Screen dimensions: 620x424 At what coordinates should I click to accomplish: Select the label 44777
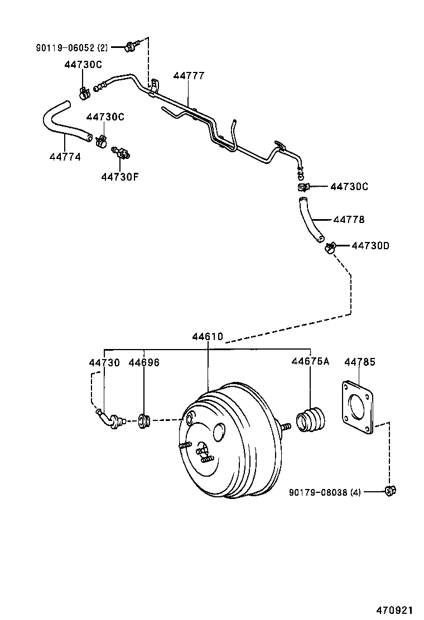click(189, 76)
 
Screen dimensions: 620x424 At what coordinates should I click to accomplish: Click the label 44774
click(65, 157)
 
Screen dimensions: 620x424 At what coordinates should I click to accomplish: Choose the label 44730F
click(120, 177)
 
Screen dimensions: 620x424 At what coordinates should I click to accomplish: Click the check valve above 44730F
click(120, 152)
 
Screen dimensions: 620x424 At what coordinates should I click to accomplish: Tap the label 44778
click(349, 220)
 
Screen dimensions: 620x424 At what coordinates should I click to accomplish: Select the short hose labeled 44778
click(310, 219)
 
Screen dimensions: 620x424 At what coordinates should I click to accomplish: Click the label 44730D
click(371, 245)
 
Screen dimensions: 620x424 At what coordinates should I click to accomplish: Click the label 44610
click(208, 337)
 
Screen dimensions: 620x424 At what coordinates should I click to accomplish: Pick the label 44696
click(144, 362)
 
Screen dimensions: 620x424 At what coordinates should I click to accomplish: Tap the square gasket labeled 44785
click(357, 408)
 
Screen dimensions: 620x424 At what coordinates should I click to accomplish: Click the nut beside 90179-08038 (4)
click(390, 491)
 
